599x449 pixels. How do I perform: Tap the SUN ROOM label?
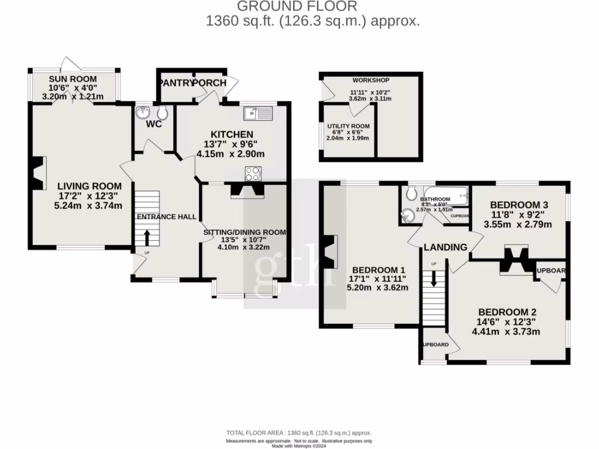73,79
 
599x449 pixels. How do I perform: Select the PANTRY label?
174,83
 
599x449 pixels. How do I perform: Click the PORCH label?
209,83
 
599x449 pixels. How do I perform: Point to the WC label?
154,125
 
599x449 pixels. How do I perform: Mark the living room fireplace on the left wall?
38,174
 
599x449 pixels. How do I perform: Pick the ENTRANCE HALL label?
166,217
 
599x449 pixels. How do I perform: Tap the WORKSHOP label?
370,80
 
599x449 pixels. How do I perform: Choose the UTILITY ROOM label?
349,126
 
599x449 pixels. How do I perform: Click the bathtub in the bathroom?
446,196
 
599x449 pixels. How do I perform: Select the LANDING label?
446,247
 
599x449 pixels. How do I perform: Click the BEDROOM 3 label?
519,205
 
